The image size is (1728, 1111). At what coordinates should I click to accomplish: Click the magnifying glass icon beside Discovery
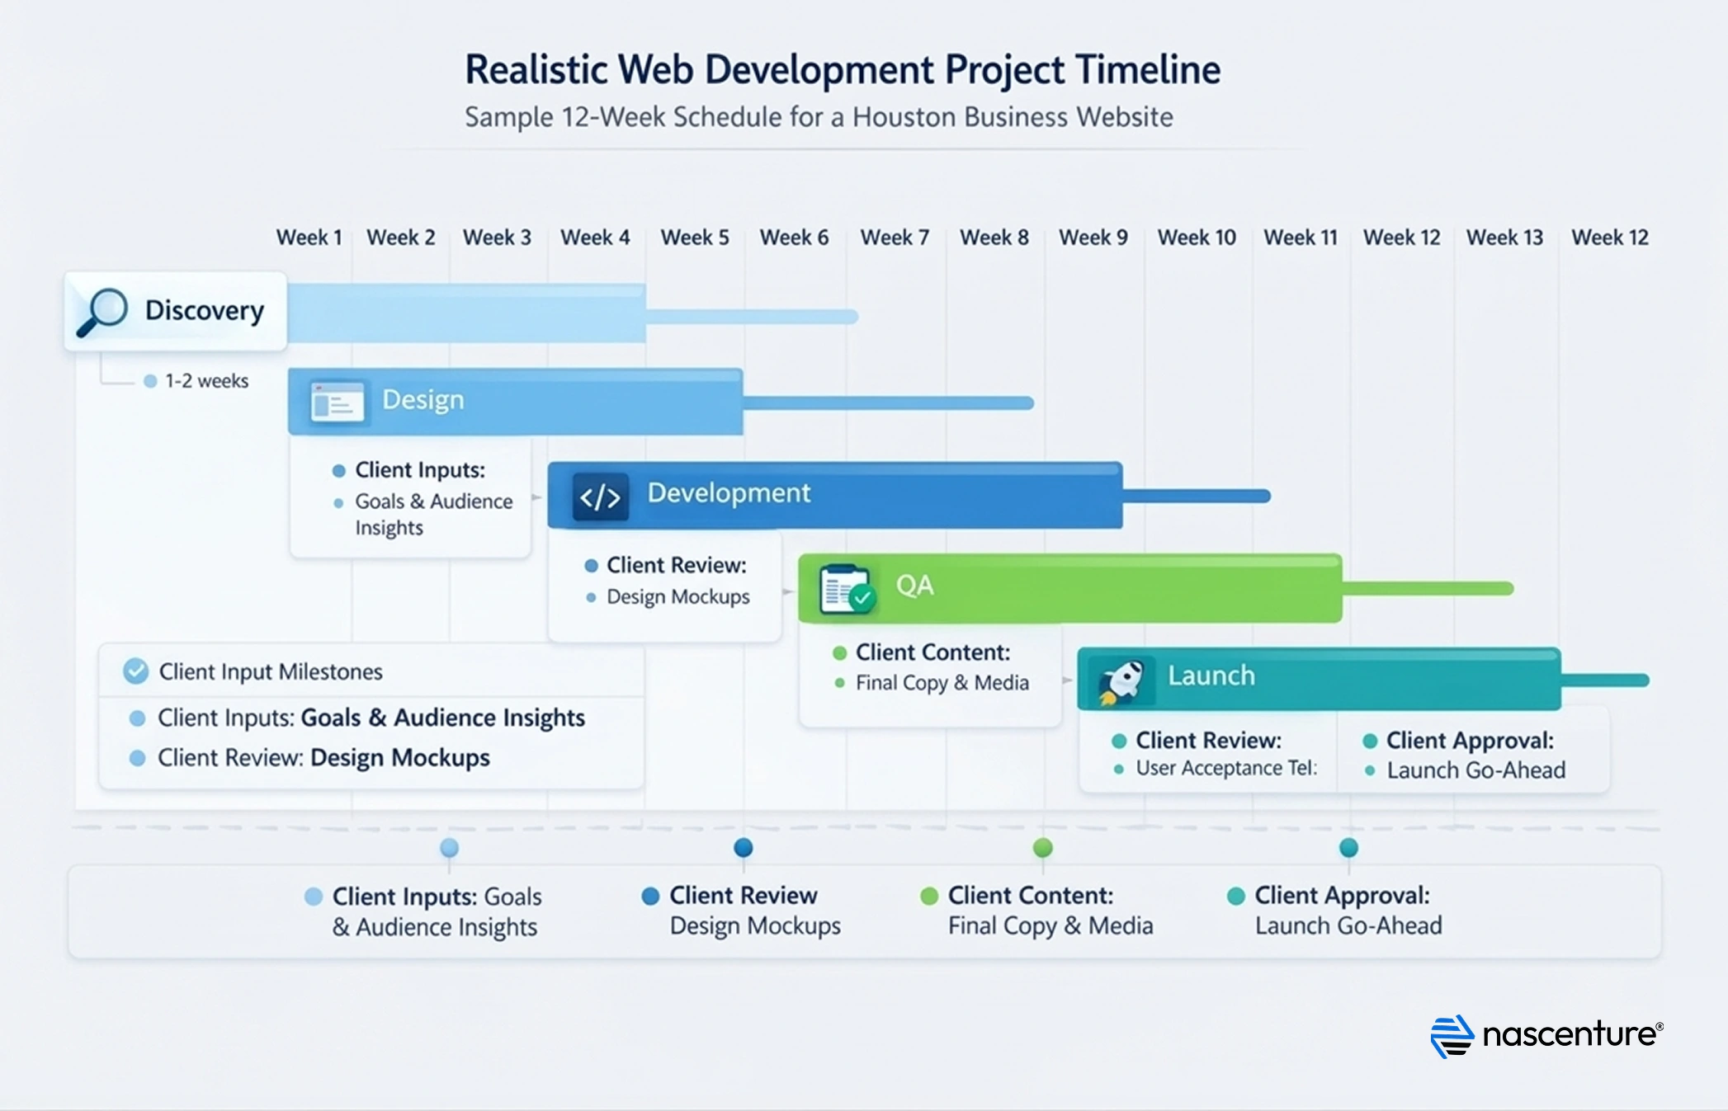click(x=102, y=312)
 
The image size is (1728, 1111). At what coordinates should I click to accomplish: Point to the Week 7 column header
click(x=895, y=238)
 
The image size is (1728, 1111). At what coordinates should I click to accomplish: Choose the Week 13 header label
click(x=1504, y=238)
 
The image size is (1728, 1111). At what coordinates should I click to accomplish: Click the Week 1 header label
click(x=309, y=238)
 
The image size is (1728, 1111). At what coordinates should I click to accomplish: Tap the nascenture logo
click(x=1546, y=1035)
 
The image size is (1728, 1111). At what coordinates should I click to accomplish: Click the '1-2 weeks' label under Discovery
click(x=206, y=381)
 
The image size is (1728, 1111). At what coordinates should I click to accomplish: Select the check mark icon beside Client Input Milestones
click(x=136, y=671)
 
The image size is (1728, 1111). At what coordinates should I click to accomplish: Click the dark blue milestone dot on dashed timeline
click(x=744, y=847)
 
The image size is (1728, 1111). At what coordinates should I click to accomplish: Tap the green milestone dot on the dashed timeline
click(x=1043, y=847)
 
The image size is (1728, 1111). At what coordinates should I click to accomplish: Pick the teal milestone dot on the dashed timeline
click(x=1348, y=847)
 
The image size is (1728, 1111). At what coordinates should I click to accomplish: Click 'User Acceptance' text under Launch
click(x=1209, y=768)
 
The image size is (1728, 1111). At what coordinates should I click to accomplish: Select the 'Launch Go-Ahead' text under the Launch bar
click(x=1475, y=770)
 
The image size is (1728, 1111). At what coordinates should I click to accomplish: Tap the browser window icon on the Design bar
click(x=337, y=403)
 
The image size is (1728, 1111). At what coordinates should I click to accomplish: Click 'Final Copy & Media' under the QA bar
click(x=942, y=683)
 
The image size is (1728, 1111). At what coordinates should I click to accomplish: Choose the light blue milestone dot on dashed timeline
click(x=449, y=847)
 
